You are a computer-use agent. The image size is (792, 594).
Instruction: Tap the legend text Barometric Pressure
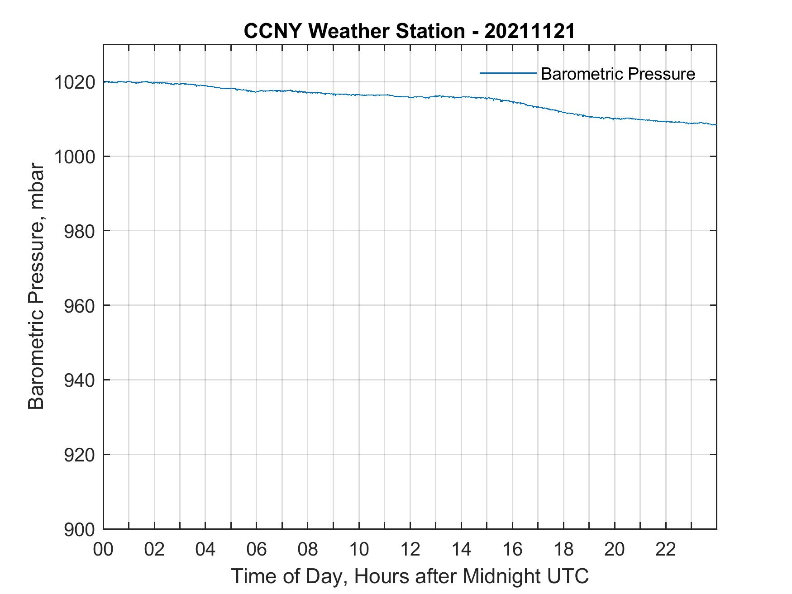pos(618,74)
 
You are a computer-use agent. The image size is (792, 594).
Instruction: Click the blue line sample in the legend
pos(508,73)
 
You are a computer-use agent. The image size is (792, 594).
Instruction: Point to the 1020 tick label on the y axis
pos(75,83)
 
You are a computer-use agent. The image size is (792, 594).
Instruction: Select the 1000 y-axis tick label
pos(75,157)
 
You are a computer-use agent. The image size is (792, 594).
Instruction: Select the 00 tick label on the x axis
pos(103,549)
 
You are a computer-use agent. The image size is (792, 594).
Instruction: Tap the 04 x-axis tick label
pos(205,549)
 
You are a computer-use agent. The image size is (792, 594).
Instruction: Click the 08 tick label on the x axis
pos(308,549)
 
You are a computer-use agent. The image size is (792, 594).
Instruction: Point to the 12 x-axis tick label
pos(410,549)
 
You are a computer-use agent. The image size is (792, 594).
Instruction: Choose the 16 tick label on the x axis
pos(512,549)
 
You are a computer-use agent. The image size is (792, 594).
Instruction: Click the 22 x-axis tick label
pos(666,549)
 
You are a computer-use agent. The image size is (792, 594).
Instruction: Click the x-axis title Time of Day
pos(410,576)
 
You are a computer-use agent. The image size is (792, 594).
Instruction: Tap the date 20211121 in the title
pos(530,31)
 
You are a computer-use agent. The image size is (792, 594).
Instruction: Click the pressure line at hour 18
pos(563,112)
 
